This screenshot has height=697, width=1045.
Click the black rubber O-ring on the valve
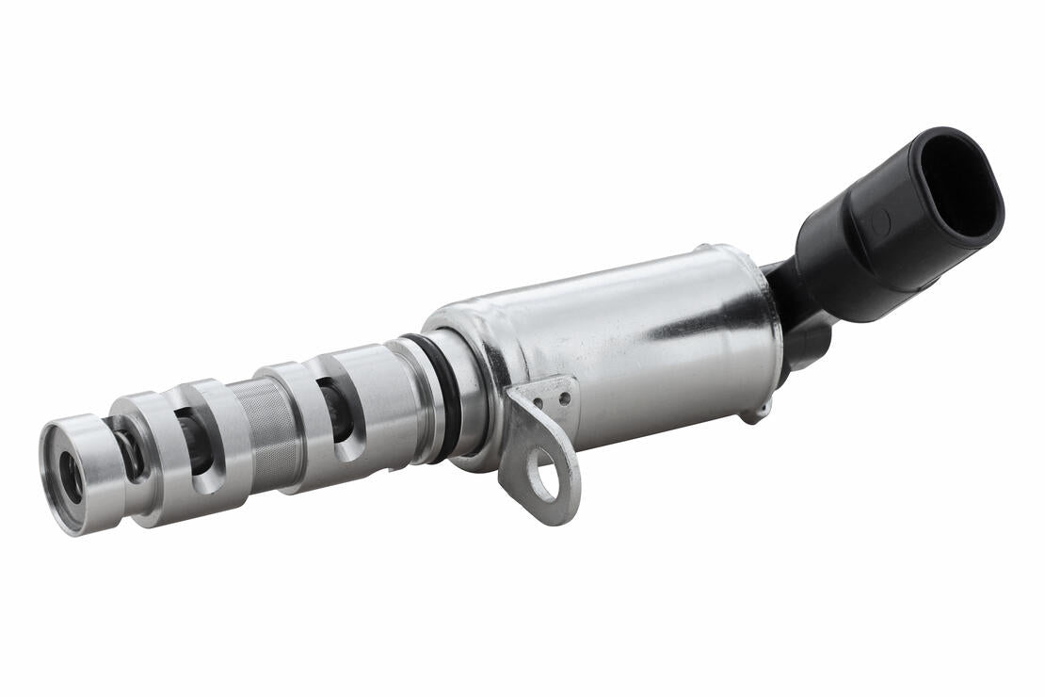(443, 396)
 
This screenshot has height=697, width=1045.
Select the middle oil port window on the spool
(195, 440)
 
